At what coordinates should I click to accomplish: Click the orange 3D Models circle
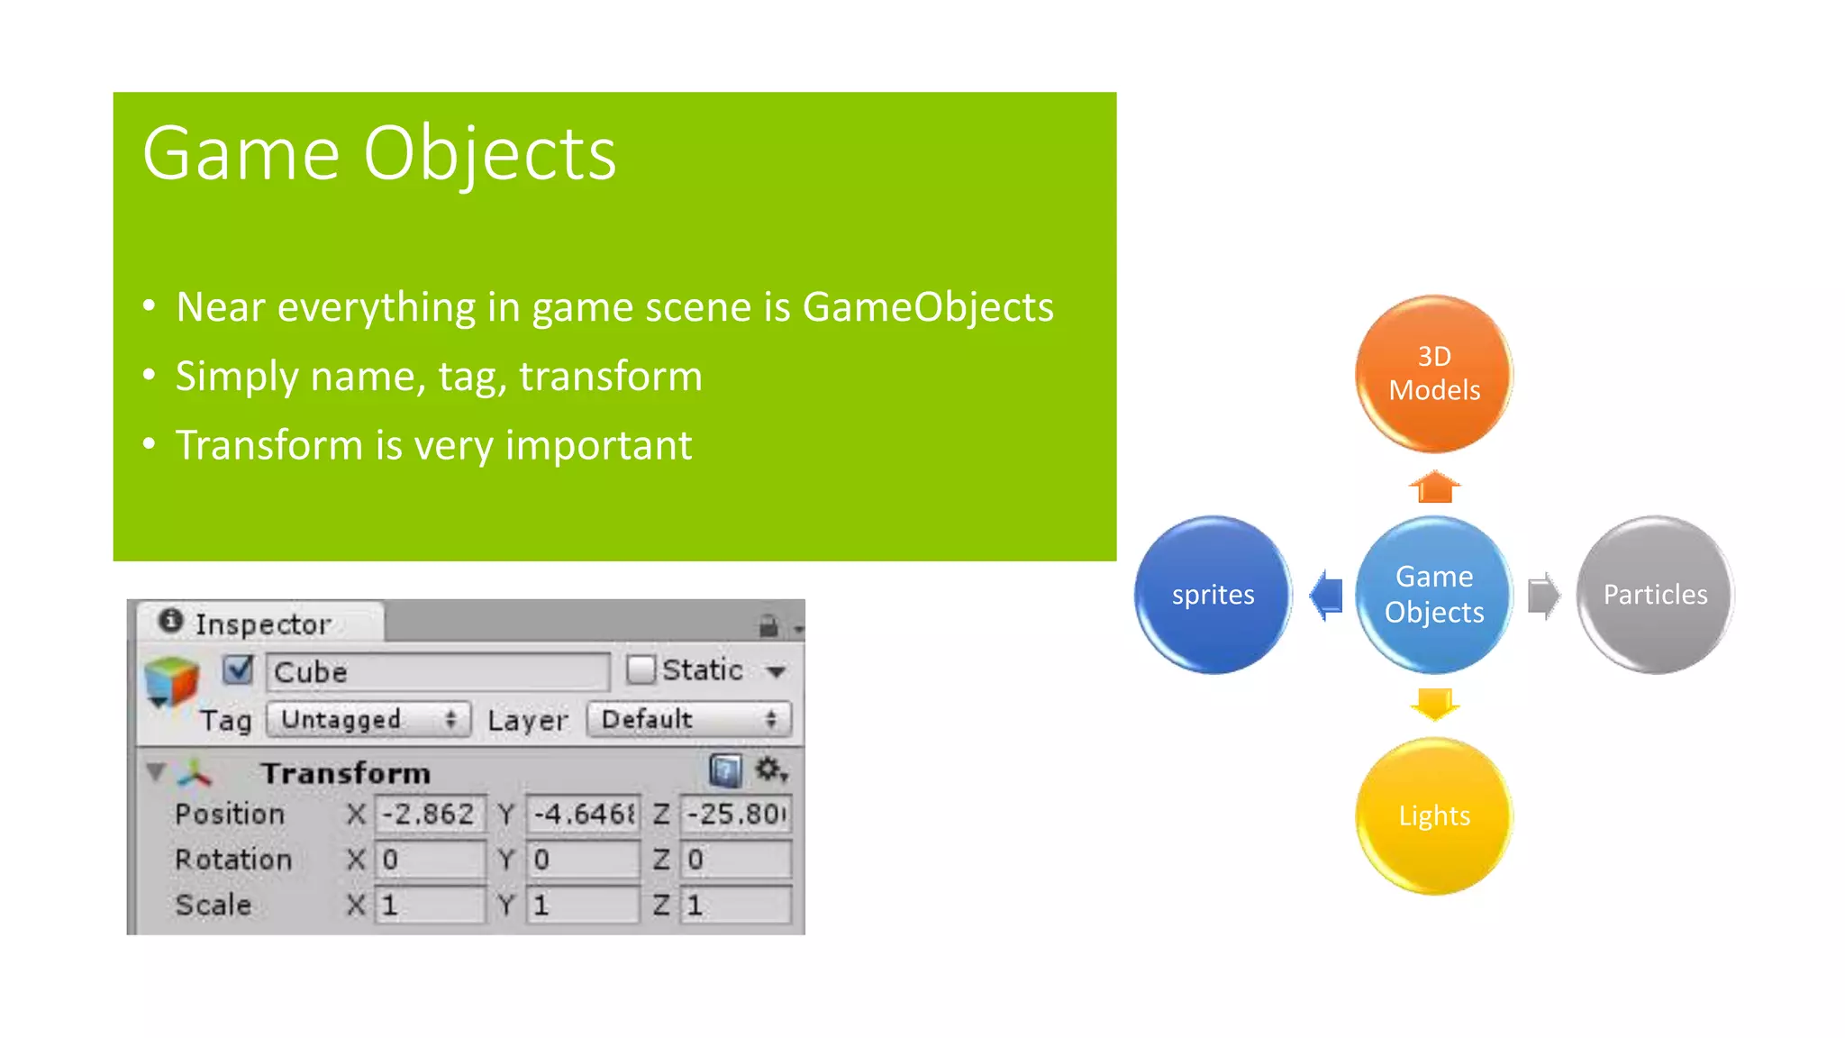tap(1433, 373)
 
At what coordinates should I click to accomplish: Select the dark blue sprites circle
tap(1213, 595)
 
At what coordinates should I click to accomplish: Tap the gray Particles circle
tap(1655, 595)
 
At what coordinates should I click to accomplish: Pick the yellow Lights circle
tap(1433, 815)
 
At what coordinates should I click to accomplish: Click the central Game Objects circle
tap(1433, 595)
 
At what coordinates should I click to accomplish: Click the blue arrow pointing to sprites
tap(1325, 595)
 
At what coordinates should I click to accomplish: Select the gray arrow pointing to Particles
tap(1543, 596)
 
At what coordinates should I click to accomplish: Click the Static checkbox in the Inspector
tap(641, 669)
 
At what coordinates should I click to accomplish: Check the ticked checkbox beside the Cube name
tap(239, 669)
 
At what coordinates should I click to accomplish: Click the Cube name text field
tap(438, 672)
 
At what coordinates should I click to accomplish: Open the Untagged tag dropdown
tap(368, 719)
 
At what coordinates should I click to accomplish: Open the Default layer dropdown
tap(689, 719)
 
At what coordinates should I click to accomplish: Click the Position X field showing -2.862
tap(430, 814)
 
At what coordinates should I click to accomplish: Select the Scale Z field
tap(736, 905)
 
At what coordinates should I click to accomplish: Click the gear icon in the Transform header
tap(769, 769)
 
